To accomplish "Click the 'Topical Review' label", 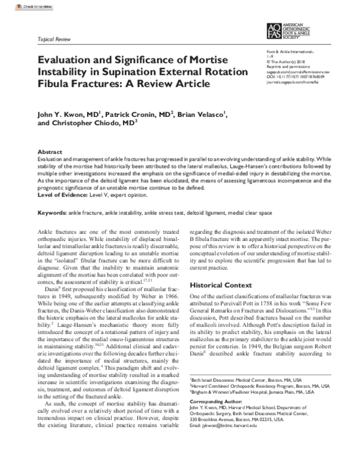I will tap(53, 36).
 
